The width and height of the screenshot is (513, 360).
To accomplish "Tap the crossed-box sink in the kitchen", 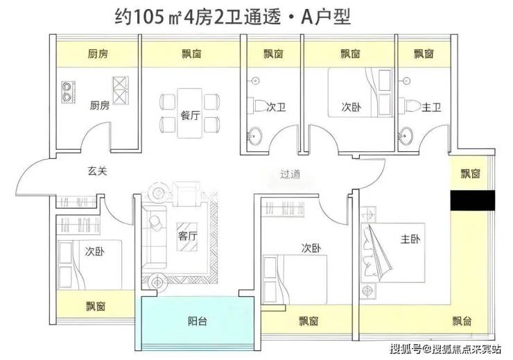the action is click(x=121, y=90).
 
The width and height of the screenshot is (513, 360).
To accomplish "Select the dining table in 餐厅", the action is click(x=190, y=113).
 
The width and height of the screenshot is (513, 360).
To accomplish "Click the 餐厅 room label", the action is click(x=190, y=115).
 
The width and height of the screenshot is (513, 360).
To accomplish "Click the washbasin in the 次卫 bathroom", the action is click(x=254, y=135).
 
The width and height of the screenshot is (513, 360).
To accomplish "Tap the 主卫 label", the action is click(x=431, y=107).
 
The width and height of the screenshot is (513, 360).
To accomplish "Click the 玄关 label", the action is click(x=97, y=171).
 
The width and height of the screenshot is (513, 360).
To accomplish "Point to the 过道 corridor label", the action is click(x=290, y=174).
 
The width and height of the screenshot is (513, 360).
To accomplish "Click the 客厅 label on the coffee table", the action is click(x=187, y=236).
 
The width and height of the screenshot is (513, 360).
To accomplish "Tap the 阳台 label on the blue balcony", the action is click(x=198, y=321).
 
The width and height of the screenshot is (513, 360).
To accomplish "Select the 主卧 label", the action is click(x=410, y=239).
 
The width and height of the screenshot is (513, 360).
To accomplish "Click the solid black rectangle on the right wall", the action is click(x=472, y=200).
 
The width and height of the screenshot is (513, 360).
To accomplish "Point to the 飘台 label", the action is click(x=462, y=320).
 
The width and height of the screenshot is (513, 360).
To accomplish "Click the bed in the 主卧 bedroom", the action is click(x=392, y=252).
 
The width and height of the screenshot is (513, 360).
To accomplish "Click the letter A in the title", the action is click(x=308, y=17).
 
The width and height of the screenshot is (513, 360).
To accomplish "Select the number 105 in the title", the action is click(x=148, y=17).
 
